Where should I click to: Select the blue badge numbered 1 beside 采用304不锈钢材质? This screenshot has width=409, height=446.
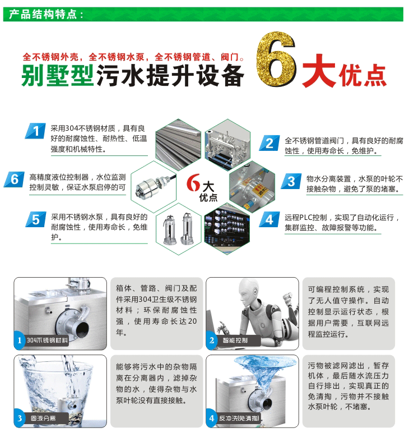point(35,132)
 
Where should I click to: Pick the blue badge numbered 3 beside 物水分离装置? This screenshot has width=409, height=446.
point(290,181)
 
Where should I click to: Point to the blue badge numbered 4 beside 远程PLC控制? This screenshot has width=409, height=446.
point(269,219)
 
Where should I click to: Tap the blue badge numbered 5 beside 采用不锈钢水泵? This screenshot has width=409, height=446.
point(35,219)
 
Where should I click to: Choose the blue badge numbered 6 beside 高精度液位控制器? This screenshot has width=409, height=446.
point(14,180)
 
